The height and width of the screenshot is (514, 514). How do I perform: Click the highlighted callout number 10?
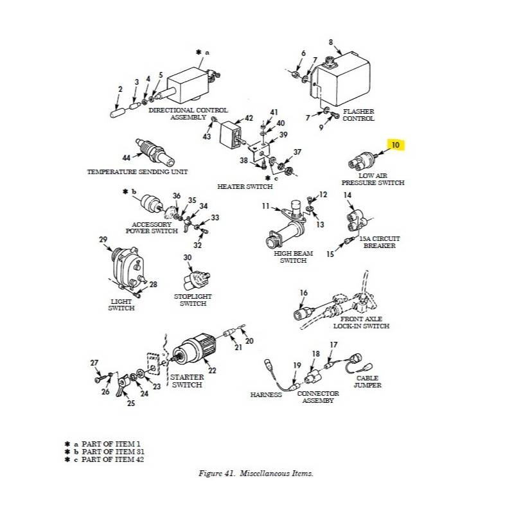tap(395, 145)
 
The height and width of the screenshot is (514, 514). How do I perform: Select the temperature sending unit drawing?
tap(153, 152)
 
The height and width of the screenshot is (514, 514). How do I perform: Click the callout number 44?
tap(127, 157)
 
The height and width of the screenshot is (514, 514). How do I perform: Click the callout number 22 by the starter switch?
tap(212, 370)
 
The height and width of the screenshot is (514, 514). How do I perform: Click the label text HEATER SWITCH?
tap(245, 186)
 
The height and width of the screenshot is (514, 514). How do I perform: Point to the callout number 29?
tap(103, 240)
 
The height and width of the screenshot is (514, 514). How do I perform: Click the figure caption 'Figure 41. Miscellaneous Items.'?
tap(256, 474)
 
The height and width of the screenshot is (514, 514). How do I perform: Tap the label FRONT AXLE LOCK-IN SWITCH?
tap(361, 323)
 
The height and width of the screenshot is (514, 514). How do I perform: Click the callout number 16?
tap(303, 293)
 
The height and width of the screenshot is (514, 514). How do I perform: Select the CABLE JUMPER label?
tap(368, 382)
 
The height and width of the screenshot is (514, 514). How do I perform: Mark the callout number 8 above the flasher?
tap(331, 42)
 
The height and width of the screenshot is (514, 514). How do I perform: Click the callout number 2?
tap(120, 89)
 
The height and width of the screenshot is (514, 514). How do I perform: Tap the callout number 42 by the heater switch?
tap(249, 118)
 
